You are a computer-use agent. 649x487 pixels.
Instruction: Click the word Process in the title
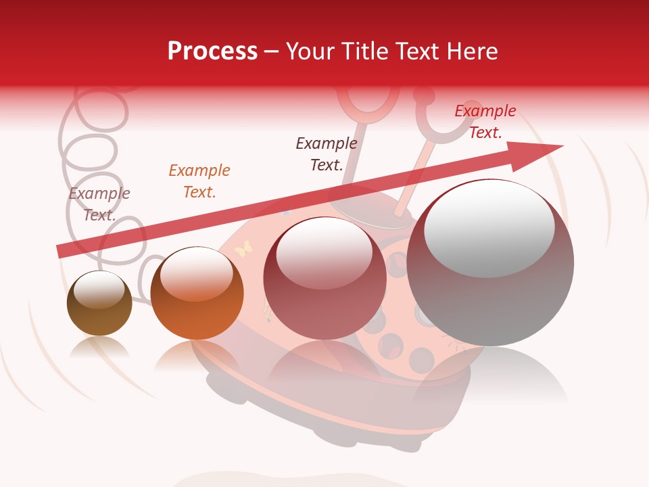coord(212,51)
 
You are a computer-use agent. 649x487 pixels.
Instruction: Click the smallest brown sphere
coord(99,304)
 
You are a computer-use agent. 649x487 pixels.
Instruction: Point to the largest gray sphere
coord(490,264)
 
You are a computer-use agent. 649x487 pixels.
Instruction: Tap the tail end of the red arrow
coord(61,252)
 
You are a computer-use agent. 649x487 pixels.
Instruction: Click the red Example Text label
coord(485,122)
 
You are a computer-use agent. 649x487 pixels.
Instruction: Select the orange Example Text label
coord(199,181)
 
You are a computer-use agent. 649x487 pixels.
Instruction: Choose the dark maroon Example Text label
coord(327,154)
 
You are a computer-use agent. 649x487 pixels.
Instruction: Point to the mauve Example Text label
coord(99,204)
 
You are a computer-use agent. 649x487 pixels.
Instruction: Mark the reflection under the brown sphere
coord(99,348)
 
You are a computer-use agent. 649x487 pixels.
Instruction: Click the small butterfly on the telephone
coord(243,249)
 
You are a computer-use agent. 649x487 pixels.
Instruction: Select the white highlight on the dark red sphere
coord(324,252)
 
